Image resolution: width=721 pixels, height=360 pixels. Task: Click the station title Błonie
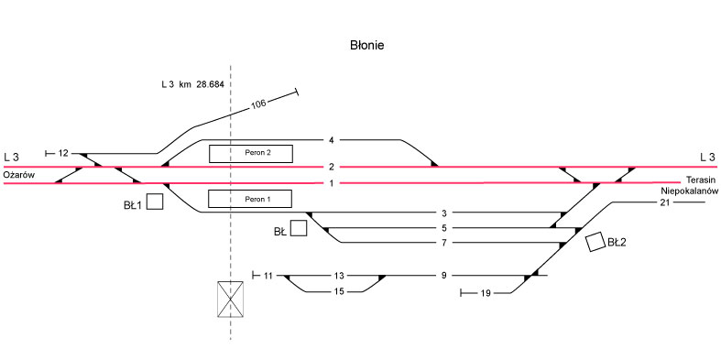[367, 45]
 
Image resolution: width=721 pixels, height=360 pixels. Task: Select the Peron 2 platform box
[251, 154]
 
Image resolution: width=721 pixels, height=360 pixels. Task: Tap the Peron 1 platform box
[250, 199]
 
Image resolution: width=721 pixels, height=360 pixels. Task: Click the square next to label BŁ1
[155, 202]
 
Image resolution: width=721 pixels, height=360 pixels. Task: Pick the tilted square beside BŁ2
[595, 242]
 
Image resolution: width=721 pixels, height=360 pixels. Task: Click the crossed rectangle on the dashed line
[230, 300]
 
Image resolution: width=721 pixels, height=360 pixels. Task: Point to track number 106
[259, 104]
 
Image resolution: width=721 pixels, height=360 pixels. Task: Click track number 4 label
[331, 139]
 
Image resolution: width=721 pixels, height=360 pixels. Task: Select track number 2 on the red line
[331, 167]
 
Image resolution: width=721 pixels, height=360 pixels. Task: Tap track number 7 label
[443, 244]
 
